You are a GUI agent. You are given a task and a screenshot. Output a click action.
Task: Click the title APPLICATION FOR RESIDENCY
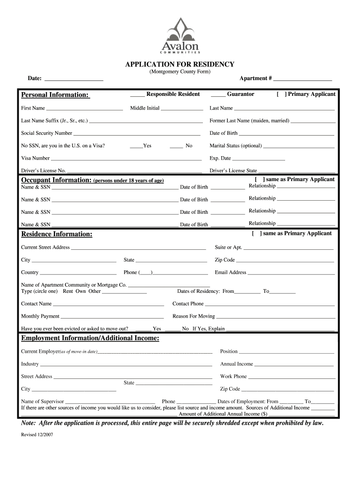tap(180, 64)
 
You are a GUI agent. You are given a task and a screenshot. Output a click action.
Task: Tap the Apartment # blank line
tap(302, 80)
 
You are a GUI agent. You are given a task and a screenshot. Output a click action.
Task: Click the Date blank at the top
tap(73, 80)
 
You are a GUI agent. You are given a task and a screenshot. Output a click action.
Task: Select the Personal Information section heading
tap(55, 95)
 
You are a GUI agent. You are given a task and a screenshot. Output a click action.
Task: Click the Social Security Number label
tap(47, 133)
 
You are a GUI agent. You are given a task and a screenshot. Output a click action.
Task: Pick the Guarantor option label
tap(240, 94)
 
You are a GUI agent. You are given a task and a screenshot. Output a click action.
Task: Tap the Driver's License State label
tap(233, 171)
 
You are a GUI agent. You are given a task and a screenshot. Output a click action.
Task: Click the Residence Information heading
tap(57, 234)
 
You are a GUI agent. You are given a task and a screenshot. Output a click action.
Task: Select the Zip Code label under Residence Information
tap(224, 260)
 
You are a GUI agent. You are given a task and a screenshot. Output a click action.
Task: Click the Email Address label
tap(230, 273)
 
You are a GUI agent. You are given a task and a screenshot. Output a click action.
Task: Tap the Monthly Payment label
tap(40, 316)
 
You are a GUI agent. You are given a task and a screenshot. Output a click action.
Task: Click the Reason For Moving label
tap(194, 316)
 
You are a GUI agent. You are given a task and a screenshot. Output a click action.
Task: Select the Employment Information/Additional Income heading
tap(90, 338)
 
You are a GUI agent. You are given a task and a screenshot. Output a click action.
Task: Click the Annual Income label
tap(236, 364)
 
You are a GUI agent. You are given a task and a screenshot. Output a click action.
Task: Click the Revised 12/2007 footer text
tap(37, 435)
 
